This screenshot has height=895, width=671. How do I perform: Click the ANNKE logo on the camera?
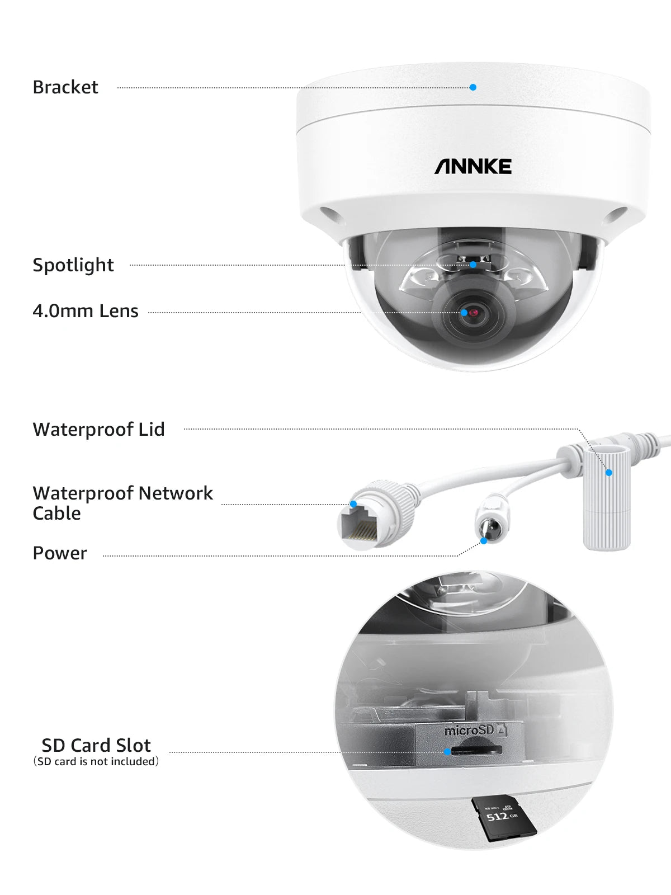pos(473,166)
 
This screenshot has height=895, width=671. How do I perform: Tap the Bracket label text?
pos(65,87)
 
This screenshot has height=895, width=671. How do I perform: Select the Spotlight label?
pos(73,265)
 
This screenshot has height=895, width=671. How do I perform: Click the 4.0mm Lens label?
pos(86,311)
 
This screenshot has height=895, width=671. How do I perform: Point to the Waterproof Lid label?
pos(99,430)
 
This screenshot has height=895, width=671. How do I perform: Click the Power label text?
pos(60,553)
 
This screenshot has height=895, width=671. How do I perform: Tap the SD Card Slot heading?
pos(96,745)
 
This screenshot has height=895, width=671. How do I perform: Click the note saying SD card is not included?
pos(96,762)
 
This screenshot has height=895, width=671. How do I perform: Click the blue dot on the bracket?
pos(473,87)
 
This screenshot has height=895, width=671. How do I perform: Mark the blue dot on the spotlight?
pos(473,265)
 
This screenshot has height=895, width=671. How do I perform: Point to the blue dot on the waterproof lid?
pos(609,473)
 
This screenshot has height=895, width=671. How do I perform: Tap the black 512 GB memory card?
pos(503,818)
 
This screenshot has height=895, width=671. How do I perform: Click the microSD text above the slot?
pos(469,731)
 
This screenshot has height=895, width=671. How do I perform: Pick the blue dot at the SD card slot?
pos(447,752)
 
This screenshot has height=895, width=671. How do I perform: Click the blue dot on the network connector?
pos(353,504)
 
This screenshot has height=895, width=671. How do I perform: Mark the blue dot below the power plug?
pos(484,541)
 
